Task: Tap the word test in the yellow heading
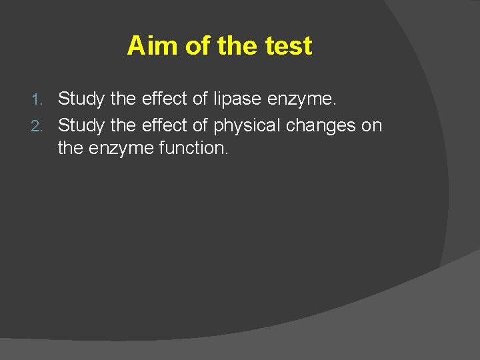click(288, 46)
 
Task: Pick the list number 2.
click(38, 125)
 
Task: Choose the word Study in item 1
click(81, 99)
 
